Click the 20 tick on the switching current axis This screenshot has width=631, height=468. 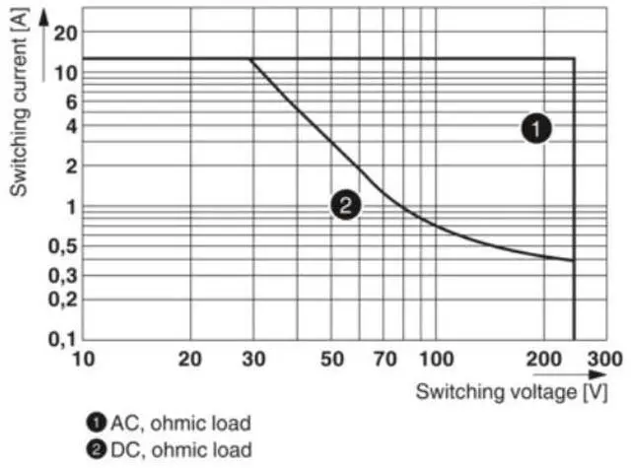(64, 33)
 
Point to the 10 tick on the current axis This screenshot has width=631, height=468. (64, 72)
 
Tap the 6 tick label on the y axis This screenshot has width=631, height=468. (69, 100)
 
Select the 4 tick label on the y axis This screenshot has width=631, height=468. (69, 125)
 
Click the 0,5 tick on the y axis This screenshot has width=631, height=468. (62, 245)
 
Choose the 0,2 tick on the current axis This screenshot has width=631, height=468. (62, 299)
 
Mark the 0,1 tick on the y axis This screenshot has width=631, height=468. (62, 339)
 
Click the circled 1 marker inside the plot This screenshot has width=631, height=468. (536, 128)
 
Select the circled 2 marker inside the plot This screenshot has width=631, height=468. (345, 205)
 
